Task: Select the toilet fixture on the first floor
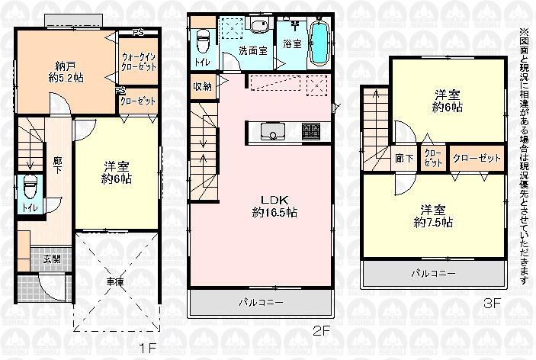point(30,188)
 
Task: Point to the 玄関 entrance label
point(53,258)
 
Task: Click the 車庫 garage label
point(114,281)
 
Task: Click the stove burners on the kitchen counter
point(311,131)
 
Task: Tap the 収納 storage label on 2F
point(202,85)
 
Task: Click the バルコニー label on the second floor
point(262,302)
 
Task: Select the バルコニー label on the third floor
point(434,272)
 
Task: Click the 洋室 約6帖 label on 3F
point(448,101)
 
